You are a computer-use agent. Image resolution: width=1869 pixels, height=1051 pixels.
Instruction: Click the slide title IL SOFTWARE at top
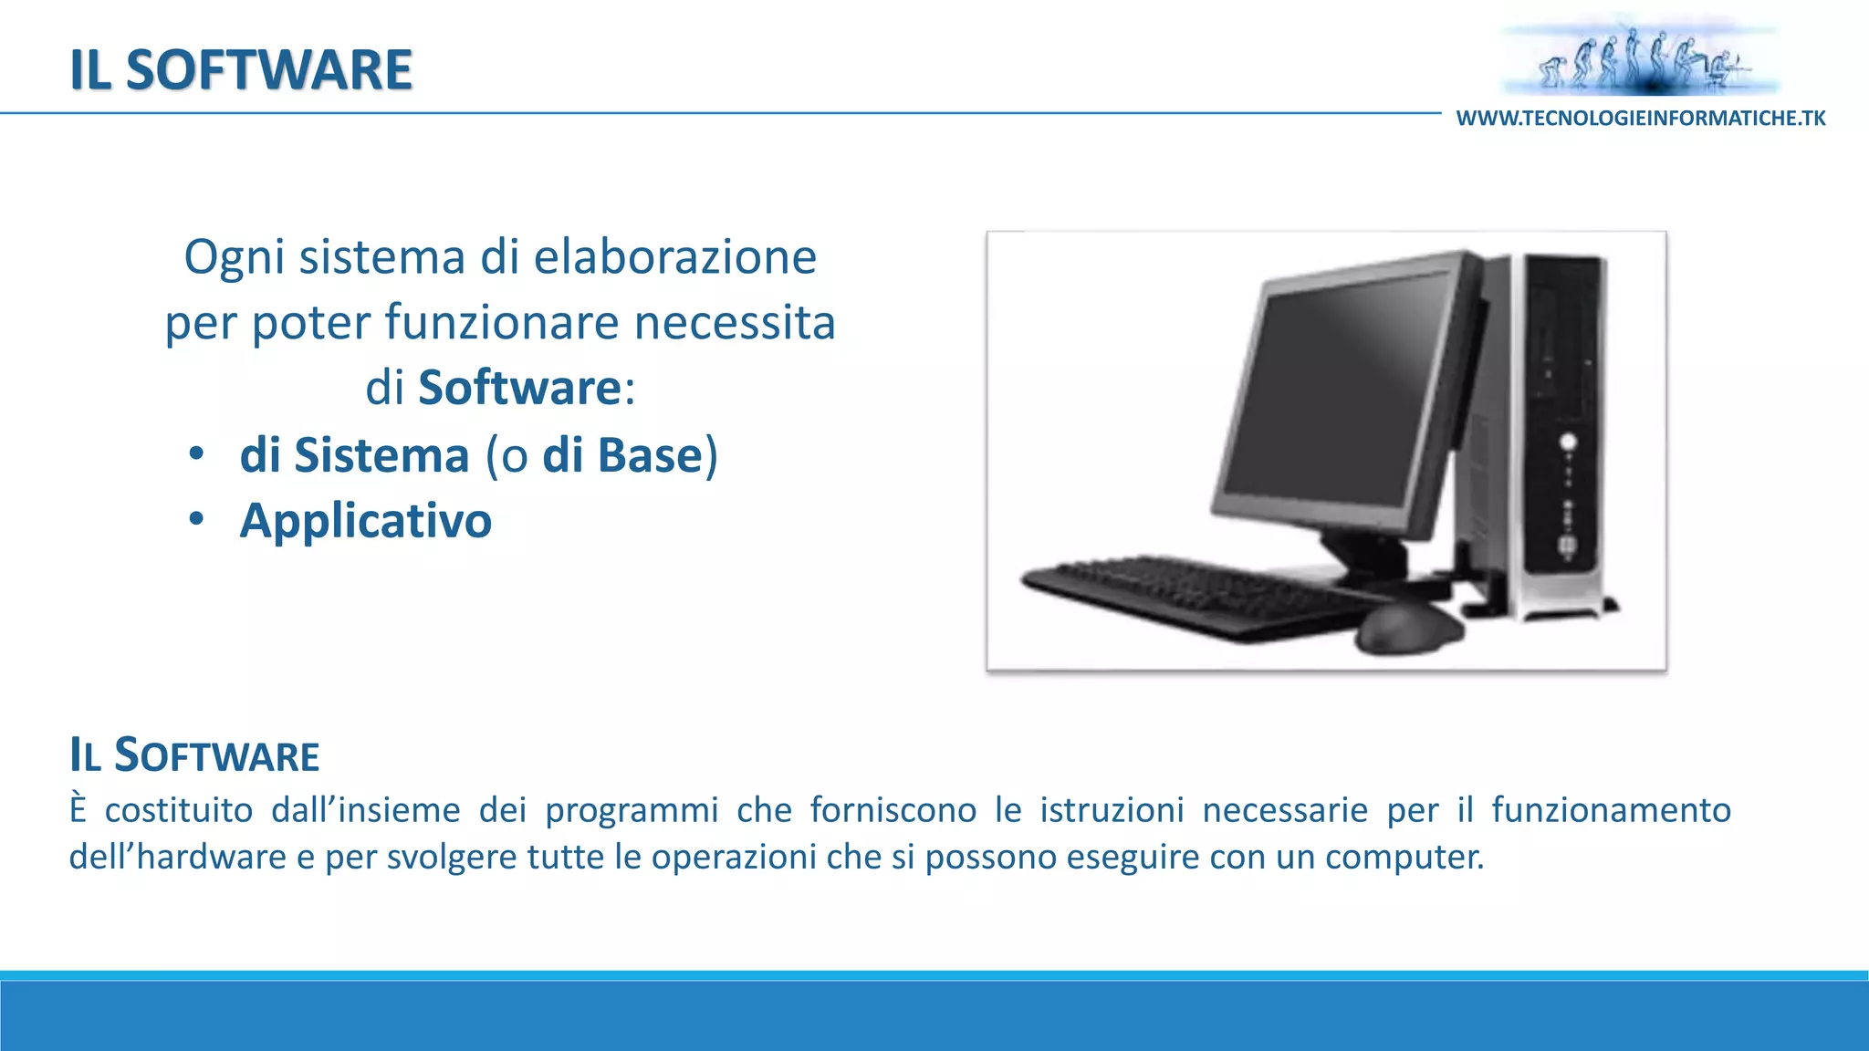click(241, 70)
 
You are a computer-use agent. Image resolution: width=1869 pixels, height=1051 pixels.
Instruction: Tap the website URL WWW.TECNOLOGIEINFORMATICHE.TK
click(1641, 119)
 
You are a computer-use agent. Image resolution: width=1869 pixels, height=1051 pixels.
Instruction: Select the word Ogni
click(235, 258)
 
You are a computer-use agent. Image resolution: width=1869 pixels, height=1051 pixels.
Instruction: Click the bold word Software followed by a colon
click(519, 388)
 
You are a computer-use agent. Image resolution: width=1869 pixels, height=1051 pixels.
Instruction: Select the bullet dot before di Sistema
click(196, 454)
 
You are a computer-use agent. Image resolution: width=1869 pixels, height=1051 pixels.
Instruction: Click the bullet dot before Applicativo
click(196, 520)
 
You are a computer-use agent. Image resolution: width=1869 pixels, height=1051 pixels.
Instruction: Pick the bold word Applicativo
click(366, 521)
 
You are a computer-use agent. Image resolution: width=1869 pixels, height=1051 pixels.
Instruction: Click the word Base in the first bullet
click(649, 455)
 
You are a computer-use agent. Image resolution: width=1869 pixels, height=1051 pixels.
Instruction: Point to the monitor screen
click(1342, 392)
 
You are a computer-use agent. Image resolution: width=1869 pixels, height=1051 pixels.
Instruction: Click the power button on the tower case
click(1568, 442)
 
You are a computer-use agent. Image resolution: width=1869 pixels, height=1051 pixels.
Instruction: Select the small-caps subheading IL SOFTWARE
click(194, 756)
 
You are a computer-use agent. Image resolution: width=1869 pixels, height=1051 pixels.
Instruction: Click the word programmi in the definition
click(632, 810)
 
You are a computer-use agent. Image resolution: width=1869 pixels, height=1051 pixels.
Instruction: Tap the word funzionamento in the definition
click(1611, 810)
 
